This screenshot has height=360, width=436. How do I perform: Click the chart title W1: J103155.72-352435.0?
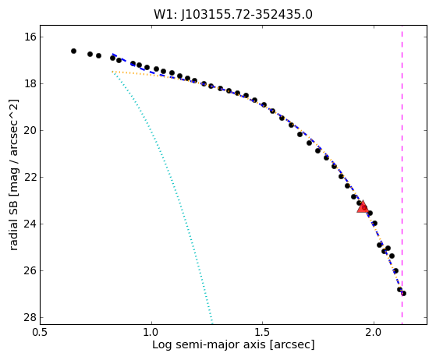(233, 14)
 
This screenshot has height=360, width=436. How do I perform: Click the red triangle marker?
(363, 207)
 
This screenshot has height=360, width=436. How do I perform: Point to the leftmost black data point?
(73, 51)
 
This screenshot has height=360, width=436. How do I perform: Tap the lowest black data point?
(404, 293)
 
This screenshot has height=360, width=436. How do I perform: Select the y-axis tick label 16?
(30, 37)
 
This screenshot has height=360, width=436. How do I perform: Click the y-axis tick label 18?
(30, 83)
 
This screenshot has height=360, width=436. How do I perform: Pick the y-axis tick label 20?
(30, 130)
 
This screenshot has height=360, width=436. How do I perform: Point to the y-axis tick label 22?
(30, 177)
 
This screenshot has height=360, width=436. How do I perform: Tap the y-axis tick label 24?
(30, 224)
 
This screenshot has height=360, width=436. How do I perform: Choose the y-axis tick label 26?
(30, 270)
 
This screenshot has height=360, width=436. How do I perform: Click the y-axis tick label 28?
(30, 317)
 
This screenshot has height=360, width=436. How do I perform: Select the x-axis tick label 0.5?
(40, 332)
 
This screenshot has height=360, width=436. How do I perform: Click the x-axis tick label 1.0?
(151, 332)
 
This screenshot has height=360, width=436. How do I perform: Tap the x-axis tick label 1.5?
(263, 332)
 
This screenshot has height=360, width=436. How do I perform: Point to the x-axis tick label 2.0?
(374, 332)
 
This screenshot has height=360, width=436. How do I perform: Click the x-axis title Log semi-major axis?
(209, 345)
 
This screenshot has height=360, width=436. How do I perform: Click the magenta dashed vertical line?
(402, 175)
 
